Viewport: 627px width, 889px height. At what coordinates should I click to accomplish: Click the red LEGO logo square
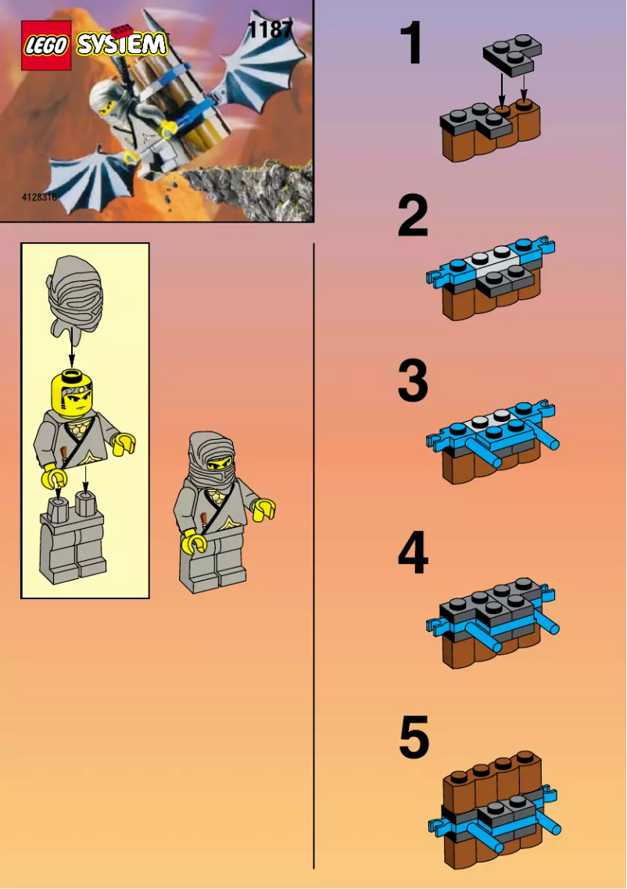[46, 45]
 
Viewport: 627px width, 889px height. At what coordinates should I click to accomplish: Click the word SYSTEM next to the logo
[121, 44]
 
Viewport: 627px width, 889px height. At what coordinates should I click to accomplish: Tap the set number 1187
[270, 30]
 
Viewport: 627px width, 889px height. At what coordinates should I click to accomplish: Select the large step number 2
[413, 217]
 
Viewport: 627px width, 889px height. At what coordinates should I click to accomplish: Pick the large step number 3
[413, 381]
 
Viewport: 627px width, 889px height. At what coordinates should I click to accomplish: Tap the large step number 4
[413, 553]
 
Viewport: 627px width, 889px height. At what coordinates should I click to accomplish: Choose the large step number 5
[414, 738]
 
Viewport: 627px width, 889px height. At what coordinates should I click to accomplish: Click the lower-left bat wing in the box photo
[91, 176]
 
